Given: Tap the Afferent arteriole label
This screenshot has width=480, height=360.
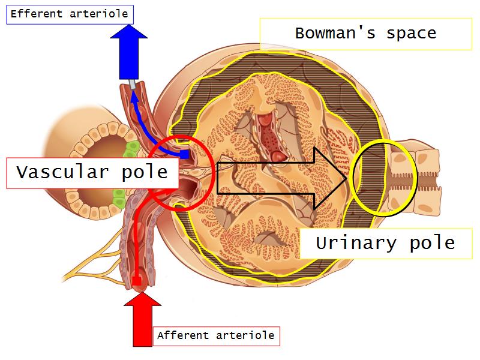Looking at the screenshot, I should (x=215, y=335).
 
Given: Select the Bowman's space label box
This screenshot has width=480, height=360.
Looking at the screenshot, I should (x=365, y=33).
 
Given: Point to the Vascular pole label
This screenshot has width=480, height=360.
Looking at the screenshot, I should (x=92, y=172).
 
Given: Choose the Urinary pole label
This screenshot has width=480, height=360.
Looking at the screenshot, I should (x=386, y=243).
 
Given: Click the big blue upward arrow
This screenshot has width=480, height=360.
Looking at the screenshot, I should (x=130, y=55).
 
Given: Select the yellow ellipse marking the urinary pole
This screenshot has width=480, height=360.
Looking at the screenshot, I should (x=383, y=178).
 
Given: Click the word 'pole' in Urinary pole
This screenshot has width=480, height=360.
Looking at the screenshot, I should (x=430, y=243).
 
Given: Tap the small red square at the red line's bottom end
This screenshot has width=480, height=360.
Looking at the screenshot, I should (x=137, y=281).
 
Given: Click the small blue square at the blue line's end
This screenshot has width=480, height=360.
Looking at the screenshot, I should (x=185, y=155).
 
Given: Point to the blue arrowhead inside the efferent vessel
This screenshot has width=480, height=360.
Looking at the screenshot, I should (x=133, y=94).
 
